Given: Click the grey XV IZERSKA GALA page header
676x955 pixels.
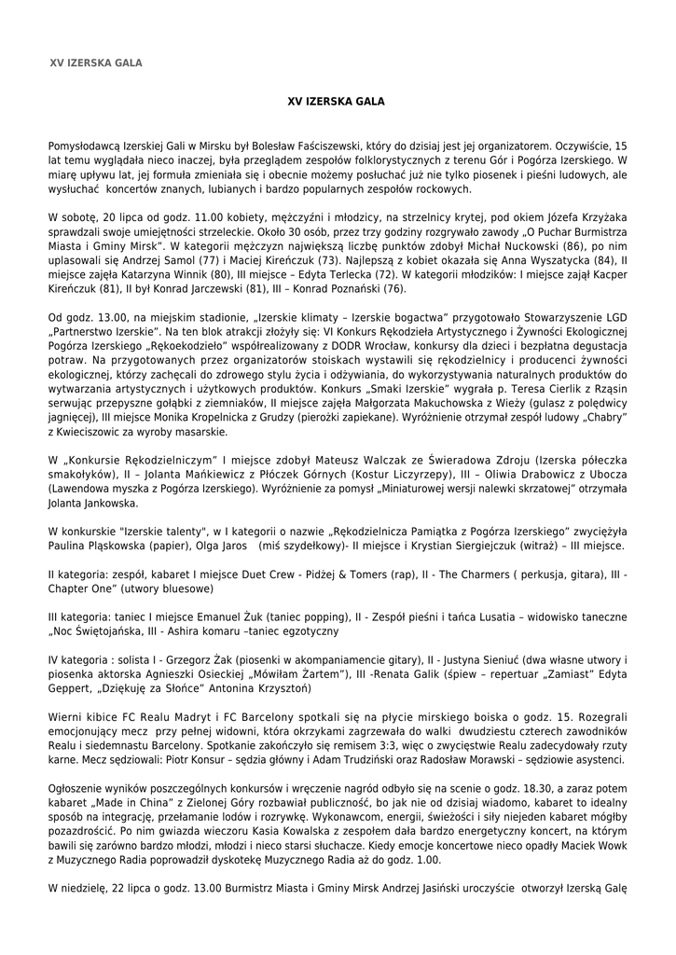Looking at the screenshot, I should pyautogui.click(x=95, y=63).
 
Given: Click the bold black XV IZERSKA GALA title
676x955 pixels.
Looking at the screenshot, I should pyautogui.click(x=338, y=100).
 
